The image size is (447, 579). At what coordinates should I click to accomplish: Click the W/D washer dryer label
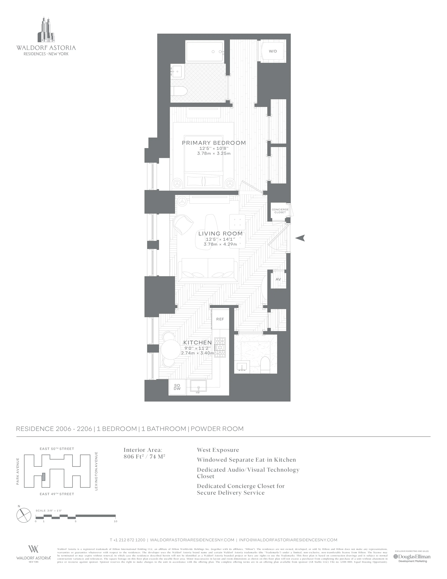point(273,51)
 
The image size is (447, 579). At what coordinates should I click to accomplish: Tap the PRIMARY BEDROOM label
point(214,143)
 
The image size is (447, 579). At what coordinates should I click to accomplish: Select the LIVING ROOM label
point(220,234)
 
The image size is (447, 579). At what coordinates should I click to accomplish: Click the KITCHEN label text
point(198,343)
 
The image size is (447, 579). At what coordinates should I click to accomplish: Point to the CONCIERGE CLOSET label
point(280,211)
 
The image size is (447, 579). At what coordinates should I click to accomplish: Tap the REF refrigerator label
point(220,319)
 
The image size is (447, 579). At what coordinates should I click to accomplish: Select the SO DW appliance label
point(177,387)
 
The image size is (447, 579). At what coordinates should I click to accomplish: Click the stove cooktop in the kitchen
point(220,348)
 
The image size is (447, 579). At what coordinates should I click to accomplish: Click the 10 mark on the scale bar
point(116,521)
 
